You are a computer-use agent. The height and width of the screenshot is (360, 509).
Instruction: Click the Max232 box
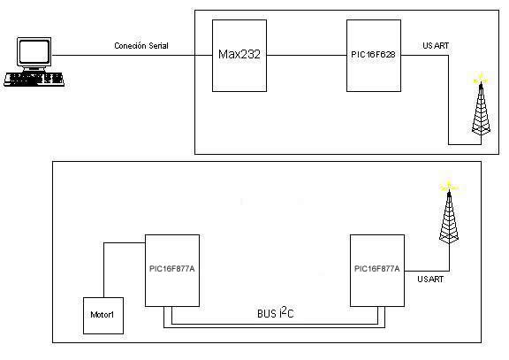point(239,56)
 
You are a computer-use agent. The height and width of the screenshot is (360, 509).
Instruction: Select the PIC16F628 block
point(374,56)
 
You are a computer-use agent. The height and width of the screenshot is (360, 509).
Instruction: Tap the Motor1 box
point(103,316)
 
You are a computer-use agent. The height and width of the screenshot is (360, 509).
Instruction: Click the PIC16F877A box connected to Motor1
point(172,271)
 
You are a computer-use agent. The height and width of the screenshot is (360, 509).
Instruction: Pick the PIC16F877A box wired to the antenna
point(377,271)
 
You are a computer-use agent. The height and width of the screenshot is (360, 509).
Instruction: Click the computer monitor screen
point(34,52)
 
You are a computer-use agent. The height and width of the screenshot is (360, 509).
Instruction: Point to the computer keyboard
point(34,80)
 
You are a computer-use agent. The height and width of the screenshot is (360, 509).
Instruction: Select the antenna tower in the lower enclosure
point(449,216)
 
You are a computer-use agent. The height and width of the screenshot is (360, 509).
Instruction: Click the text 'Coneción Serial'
point(141,46)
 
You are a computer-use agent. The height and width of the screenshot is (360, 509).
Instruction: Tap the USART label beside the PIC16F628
point(436,46)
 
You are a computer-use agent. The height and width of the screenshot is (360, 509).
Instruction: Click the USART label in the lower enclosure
point(430,280)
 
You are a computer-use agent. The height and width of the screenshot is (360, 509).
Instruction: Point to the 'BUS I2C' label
point(276,312)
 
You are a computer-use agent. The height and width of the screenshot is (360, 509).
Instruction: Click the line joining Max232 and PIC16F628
point(307,55)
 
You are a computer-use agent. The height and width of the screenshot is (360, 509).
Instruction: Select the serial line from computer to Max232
point(133,55)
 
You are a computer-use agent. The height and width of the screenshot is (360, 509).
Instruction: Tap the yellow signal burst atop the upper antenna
point(481,79)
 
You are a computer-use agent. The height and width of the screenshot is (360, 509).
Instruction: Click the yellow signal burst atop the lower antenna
point(449,187)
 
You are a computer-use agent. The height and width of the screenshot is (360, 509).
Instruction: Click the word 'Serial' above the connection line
point(158,46)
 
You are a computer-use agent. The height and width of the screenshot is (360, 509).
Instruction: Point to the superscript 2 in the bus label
point(284,310)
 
